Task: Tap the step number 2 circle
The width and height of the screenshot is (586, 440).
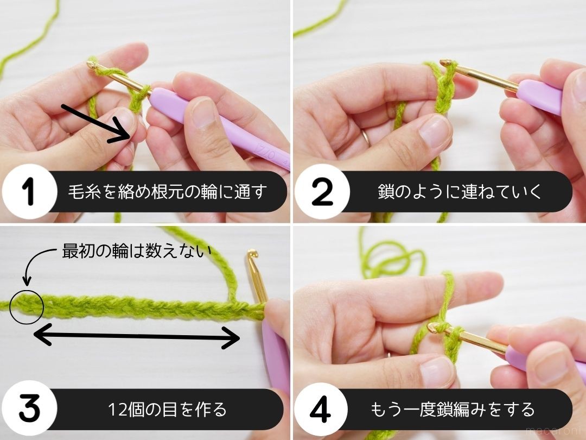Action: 322,192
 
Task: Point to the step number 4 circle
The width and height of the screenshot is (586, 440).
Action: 322,409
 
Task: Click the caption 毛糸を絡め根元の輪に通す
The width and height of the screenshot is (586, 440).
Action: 169,192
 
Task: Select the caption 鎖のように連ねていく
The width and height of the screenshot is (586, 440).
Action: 460,192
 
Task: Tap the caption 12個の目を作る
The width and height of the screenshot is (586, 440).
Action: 167,409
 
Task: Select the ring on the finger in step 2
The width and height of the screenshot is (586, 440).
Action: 367,136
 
